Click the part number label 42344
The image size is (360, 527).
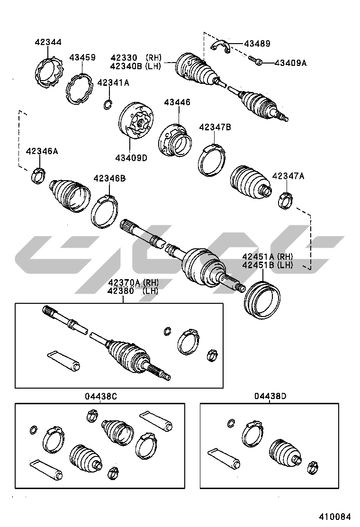(x=48, y=42)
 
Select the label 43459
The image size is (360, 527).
(x=82, y=57)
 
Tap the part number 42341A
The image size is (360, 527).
(x=113, y=82)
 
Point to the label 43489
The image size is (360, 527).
(x=257, y=43)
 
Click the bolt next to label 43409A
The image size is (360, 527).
(x=256, y=61)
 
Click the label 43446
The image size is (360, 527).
(x=177, y=102)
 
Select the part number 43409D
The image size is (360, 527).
(x=131, y=158)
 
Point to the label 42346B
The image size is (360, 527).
(x=109, y=178)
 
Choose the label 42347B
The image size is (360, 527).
(x=215, y=127)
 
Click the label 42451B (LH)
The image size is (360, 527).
(x=268, y=265)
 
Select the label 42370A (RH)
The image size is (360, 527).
(x=133, y=282)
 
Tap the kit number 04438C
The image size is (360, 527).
(x=100, y=397)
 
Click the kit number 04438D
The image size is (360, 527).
(x=270, y=396)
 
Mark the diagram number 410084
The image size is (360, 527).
(x=335, y=516)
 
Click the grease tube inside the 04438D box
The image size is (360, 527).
(x=225, y=458)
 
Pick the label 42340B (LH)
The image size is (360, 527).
(x=135, y=66)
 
